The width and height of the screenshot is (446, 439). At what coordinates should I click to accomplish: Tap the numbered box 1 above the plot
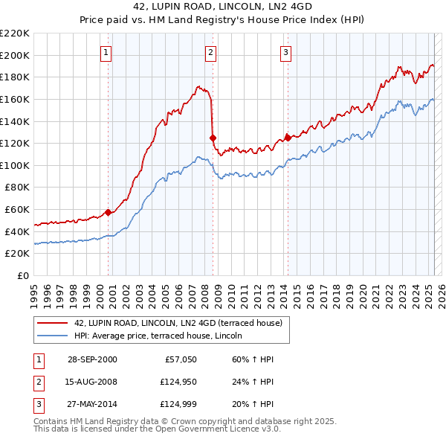pos(107,52)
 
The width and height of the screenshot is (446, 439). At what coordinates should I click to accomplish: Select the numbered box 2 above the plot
pos(211,52)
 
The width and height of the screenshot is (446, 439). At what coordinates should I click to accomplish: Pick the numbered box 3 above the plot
pos(286,52)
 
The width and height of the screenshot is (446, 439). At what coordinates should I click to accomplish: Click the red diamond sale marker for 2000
pos(109,212)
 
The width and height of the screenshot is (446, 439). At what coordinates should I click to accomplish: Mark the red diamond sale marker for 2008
pos(213,138)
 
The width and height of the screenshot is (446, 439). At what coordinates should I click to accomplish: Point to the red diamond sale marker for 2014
pos(288,137)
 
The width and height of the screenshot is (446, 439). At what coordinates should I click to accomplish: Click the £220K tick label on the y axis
pos(15,33)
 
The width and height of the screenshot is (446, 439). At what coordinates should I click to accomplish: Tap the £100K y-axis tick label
pos(15,165)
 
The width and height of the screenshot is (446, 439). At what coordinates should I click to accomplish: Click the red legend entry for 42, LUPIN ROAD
pos(178,324)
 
